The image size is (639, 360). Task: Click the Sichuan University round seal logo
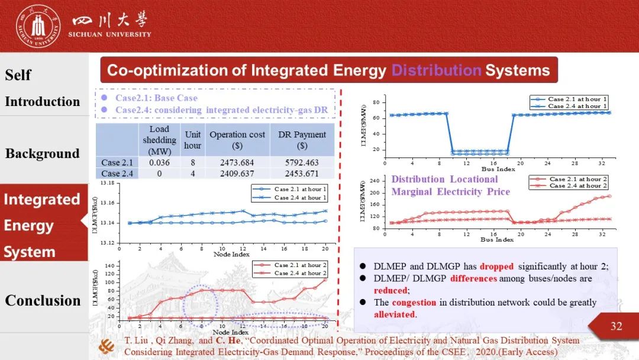click(x=38, y=26)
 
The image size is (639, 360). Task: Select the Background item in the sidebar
click(x=42, y=154)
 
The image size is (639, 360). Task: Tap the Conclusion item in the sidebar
click(x=43, y=300)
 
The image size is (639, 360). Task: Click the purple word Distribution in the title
click(x=436, y=71)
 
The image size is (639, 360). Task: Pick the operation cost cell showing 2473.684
click(x=237, y=162)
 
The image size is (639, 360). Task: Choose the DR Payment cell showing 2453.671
click(x=302, y=173)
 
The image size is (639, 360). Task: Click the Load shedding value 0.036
click(x=159, y=162)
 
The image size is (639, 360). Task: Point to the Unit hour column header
click(x=192, y=140)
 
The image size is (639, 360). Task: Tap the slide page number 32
click(x=616, y=326)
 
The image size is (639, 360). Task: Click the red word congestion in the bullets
click(x=414, y=303)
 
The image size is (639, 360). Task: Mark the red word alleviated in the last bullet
click(x=394, y=314)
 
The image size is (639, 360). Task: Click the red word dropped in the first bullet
click(x=496, y=266)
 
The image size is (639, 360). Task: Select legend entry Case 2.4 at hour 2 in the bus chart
click(x=577, y=186)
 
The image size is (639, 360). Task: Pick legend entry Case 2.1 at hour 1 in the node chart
click(x=300, y=189)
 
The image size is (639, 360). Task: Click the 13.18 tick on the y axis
click(x=108, y=184)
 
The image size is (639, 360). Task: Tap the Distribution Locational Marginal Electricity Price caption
click(x=450, y=185)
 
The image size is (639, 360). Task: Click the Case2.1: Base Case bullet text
click(x=156, y=98)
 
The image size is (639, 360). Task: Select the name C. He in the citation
click(x=225, y=340)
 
